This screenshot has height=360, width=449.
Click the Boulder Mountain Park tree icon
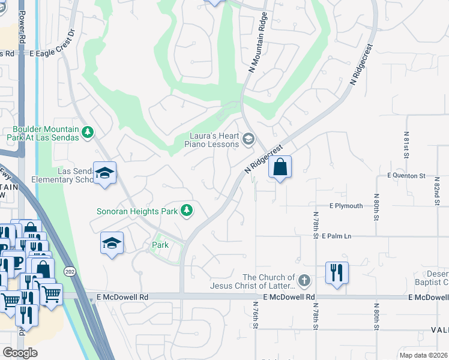pos(88,131)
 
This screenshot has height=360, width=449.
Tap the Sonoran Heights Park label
pos(137,211)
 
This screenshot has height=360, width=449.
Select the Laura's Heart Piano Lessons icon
pos(248,140)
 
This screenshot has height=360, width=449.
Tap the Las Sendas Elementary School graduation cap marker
pos(105,173)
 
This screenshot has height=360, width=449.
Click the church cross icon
pos(304,280)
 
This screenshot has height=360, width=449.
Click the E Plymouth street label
pos(346,206)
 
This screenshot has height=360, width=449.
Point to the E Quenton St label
pos(406,176)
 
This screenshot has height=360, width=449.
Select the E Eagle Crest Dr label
pos(55,53)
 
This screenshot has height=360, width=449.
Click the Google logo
pos(20,352)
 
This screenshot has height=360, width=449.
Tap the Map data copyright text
pos(423,355)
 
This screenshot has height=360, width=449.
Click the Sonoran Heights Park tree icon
pos(188,210)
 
